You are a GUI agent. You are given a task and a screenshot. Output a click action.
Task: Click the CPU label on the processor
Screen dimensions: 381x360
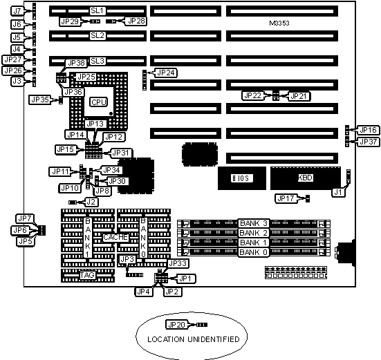pos(98,102)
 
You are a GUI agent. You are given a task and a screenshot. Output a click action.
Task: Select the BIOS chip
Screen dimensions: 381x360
pos(242,178)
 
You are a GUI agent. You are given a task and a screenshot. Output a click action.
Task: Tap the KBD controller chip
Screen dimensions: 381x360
pos(306,178)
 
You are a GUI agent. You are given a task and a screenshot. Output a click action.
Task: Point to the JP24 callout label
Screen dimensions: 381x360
pos(166,73)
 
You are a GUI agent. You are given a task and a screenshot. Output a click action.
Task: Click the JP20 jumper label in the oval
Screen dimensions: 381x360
pos(177,325)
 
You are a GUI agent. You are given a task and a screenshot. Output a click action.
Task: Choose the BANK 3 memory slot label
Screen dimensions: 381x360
pos(254,223)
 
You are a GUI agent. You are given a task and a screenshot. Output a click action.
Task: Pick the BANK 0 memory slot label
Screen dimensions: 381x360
pos(254,252)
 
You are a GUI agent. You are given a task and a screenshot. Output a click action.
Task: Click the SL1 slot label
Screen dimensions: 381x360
pos(97,10)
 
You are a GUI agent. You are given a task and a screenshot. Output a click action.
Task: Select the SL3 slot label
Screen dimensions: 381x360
pos(97,61)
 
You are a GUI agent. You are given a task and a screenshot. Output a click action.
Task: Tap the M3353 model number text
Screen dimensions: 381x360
pos(279,23)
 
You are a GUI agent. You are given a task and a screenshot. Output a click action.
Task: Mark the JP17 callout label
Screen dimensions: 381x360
pos(286,198)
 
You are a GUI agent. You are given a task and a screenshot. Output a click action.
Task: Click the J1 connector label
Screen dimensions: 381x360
pos(338,193)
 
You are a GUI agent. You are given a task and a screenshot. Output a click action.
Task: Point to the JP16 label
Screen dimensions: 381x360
pos(368,130)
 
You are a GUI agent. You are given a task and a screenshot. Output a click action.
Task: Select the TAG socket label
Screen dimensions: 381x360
pos(87,275)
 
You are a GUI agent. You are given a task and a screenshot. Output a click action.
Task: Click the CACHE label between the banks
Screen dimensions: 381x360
pos(115,237)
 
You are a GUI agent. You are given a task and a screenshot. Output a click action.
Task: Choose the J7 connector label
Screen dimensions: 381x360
pos(17,11)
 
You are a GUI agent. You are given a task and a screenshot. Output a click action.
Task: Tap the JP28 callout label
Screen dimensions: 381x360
pos(136,21)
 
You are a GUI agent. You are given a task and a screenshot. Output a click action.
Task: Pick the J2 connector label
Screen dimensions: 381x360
pos(91,202)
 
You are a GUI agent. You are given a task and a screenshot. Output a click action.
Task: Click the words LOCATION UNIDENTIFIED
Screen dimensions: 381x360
pos(194,339)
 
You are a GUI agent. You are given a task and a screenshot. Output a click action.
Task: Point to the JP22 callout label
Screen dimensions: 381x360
pos(252,95)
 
